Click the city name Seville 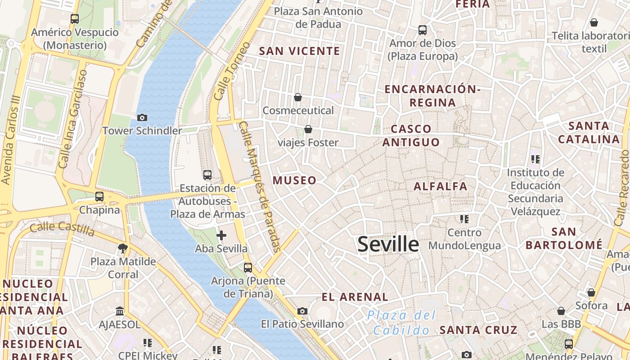pyautogui.click(x=388, y=244)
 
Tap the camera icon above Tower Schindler pyautogui.click(x=142, y=117)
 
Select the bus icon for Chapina pyautogui.click(x=99, y=197)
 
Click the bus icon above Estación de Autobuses pyautogui.click(x=207, y=175)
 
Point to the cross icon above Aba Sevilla pyautogui.click(x=221, y=235)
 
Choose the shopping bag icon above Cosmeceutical pyautogui.click(x=297, y=97)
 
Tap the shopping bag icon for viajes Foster pyautogui.click(x=308, y=129)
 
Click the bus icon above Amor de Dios pyautogui.click(x=423, y=30)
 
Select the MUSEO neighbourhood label pyautogui.click(x=294, y=180)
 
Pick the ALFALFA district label pyautogui.click(x=440, y=186)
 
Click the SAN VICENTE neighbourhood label pyautogui.click(x=300, y=51)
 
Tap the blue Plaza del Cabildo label pyautogui.click(x=402, y=322)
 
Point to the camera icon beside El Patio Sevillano pyautogui.click(x=302, y=311)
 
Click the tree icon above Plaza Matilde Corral pyautogui.click(x=122, y=248)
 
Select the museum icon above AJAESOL pyautogui.click(x=120, y=311)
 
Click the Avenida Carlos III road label pyautogui.click(x=11, y=139)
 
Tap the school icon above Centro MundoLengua pyautogui.click(x=464, y=219)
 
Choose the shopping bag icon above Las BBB pyautogui.click(x=561, y=311)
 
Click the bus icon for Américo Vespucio pyautogui.click(x=75, y=19)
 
